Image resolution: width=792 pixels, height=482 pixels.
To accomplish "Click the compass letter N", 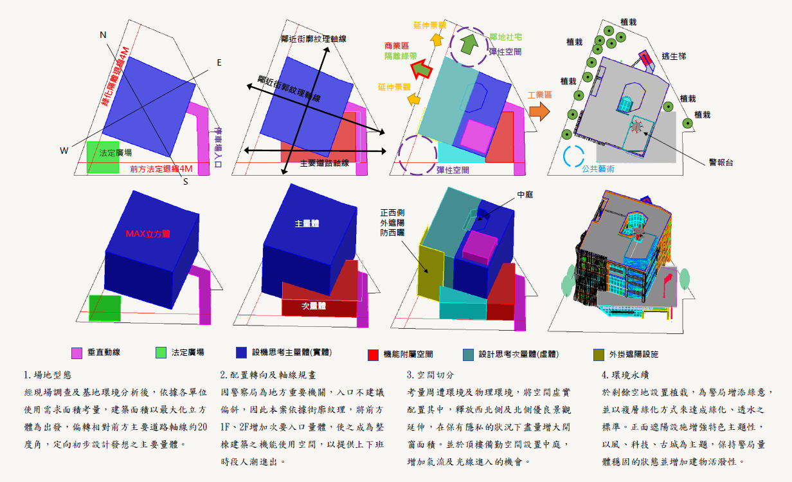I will coord(103,35).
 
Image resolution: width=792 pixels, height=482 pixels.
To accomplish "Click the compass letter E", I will coord(219,62).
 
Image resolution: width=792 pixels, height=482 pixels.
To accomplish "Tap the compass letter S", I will coord(185,181).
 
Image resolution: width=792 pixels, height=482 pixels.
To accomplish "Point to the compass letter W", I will coord(64,151).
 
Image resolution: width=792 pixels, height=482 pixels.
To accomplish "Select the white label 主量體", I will coord(307,223).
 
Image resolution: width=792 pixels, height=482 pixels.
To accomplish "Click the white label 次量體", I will coord(314,306).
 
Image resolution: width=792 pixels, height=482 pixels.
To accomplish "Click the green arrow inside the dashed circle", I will coord(470,44).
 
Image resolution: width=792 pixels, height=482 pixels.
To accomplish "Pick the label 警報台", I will coord(720,162).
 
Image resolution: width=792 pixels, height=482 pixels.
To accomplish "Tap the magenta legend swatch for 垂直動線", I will coord(76,353).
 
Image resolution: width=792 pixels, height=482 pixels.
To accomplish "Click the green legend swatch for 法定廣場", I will coord(161,353).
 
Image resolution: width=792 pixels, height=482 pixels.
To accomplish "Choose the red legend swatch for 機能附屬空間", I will coord(372,354).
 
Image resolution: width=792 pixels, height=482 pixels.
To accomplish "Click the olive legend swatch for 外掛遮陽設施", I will coord(598,354).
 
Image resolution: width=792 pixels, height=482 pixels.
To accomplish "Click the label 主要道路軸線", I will coord(324,163).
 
